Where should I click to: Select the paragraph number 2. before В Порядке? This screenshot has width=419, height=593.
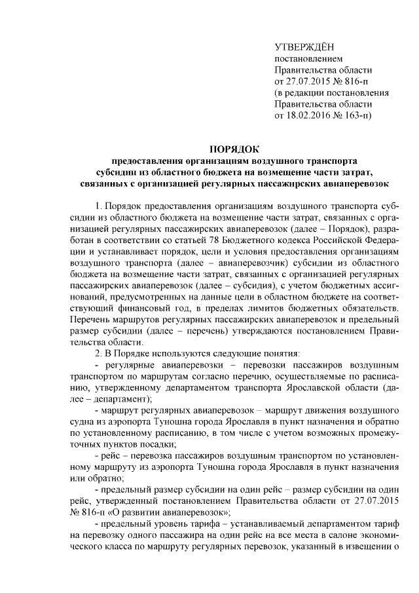pyautogui.click(x=100, y=353)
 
